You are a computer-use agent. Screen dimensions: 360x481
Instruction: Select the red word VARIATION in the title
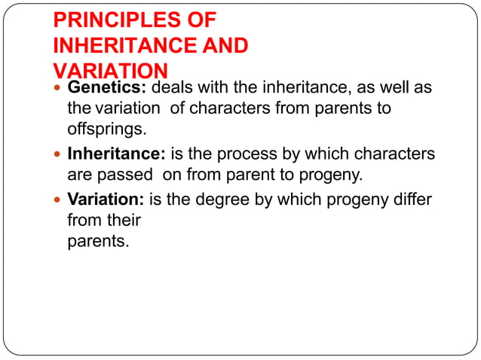pyautogui.click(x=110, y=72)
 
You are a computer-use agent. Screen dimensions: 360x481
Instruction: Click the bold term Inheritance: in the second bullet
pyautogui.click(x=117, y=154)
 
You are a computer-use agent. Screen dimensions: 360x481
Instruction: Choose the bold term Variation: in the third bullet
pyautogui.click(x=106, y=200)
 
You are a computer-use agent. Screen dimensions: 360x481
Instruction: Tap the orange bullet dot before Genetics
pyautogui.click(x=59, y=88)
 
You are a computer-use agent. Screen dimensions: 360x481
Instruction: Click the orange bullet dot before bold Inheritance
pyautogui.click(x=59, y=155)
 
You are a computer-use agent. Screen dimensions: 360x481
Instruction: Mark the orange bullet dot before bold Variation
pyautogui.click(x=59, y=200)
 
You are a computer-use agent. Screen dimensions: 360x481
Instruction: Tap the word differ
pyautogui.click(x=412, y=200)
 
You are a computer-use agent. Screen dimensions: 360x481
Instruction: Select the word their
pyautogui.click(x=124, y=221)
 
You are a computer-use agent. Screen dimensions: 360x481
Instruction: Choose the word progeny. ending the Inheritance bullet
pyautogui.click(x=332, y=175)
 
